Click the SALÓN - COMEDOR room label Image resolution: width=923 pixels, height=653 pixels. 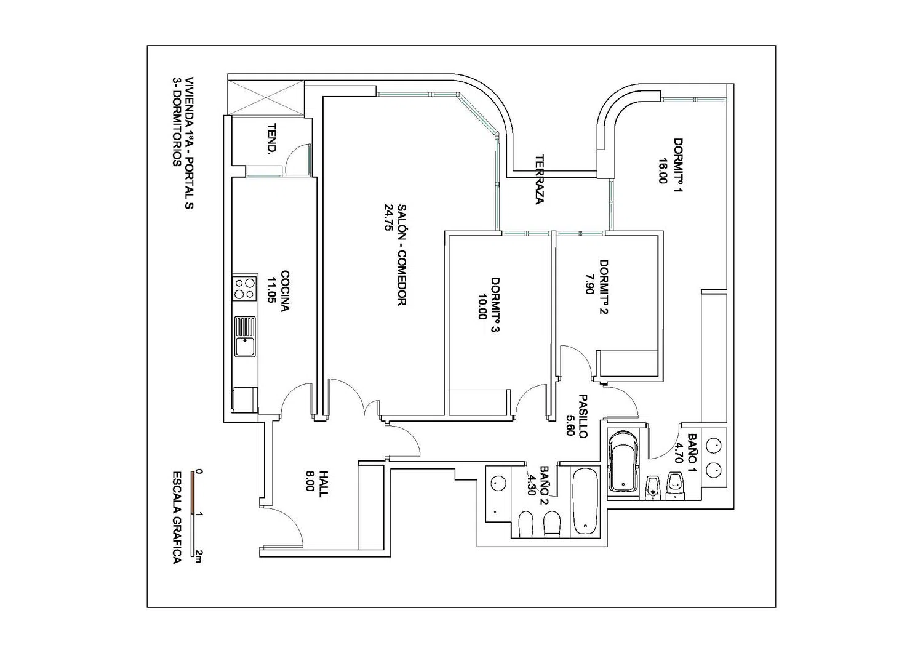(401, 255)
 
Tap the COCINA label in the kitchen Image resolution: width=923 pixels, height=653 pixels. (285, 291)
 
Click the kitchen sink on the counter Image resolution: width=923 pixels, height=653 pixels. (245, 337)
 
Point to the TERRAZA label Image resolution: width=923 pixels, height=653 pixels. (540, 179)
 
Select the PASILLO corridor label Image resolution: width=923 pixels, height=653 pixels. (582, 416)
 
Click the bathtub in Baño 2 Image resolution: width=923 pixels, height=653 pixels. (585, 500)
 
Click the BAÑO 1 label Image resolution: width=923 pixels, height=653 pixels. (693, 448)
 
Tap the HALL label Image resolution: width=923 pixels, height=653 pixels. (324, 484)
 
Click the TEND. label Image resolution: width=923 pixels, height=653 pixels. (271, 140)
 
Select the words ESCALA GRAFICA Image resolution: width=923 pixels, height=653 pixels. (176, 518)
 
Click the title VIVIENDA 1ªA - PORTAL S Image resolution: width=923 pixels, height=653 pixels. (189, 143)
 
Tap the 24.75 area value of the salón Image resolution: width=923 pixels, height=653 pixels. (388, 217)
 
